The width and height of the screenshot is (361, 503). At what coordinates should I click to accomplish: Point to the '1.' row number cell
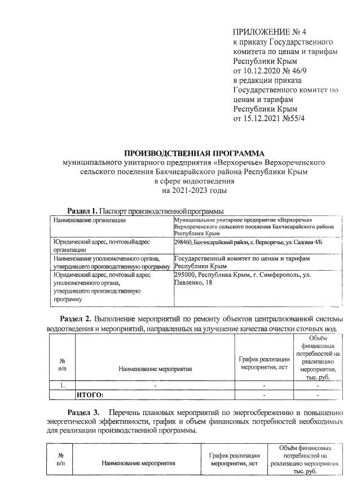63,386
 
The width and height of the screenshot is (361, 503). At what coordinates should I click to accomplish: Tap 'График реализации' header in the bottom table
234,456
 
